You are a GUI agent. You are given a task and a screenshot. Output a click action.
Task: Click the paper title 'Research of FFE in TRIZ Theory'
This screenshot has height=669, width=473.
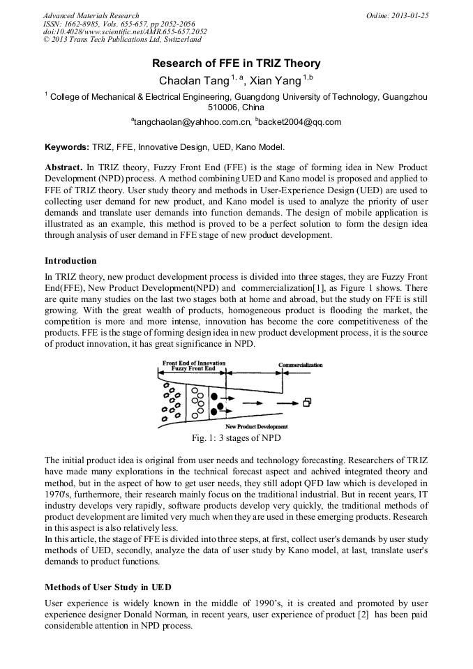coord(236,64)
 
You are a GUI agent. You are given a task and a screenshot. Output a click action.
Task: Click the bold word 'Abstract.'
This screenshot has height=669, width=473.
coord(63,169)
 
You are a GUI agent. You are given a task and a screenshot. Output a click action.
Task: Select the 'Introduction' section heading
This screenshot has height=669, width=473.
coord(70,261)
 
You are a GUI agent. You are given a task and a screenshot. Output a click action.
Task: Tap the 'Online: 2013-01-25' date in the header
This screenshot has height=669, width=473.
coord(397,15)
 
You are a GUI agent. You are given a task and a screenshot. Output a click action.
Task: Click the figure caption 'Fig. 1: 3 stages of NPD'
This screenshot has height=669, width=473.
coord(236,438)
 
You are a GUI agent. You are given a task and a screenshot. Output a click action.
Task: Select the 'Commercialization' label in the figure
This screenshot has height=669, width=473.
coord(301,365)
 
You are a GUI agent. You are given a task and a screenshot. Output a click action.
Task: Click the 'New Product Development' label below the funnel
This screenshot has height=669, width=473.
coord(257,426)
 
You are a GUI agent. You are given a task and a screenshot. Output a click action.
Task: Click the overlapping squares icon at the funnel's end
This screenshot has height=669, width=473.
coord(307,403)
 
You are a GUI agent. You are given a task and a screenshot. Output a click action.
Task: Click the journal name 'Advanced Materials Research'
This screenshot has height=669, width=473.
coord(91,15)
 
